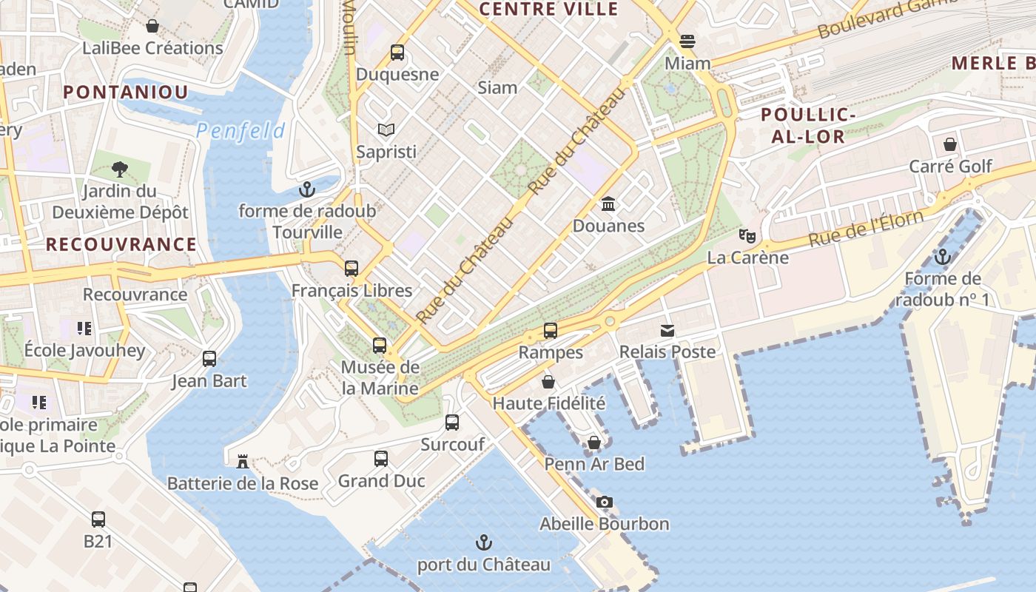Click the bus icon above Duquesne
point(397,53)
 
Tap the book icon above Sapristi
point(386,130)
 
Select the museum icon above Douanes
point(608,203)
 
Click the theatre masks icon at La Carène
point(747,236)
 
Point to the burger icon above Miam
point(687,41)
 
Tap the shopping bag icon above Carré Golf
point(950,144)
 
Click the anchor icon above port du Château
point(483,543)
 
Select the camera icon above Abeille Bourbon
point(605,502)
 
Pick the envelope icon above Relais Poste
point(667,331)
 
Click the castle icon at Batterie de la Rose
point(242,462)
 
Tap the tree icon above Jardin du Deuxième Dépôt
point(119,169)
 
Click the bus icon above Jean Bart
point(209,359)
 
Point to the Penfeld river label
point(240,132)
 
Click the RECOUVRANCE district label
point(121,244)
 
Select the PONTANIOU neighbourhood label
point(126,92)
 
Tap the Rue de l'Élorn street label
point(866,229)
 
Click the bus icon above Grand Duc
point(381,459)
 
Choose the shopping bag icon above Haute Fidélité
point(548,382)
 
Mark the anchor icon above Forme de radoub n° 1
point(942,257)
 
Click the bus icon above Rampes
point(550,331)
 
